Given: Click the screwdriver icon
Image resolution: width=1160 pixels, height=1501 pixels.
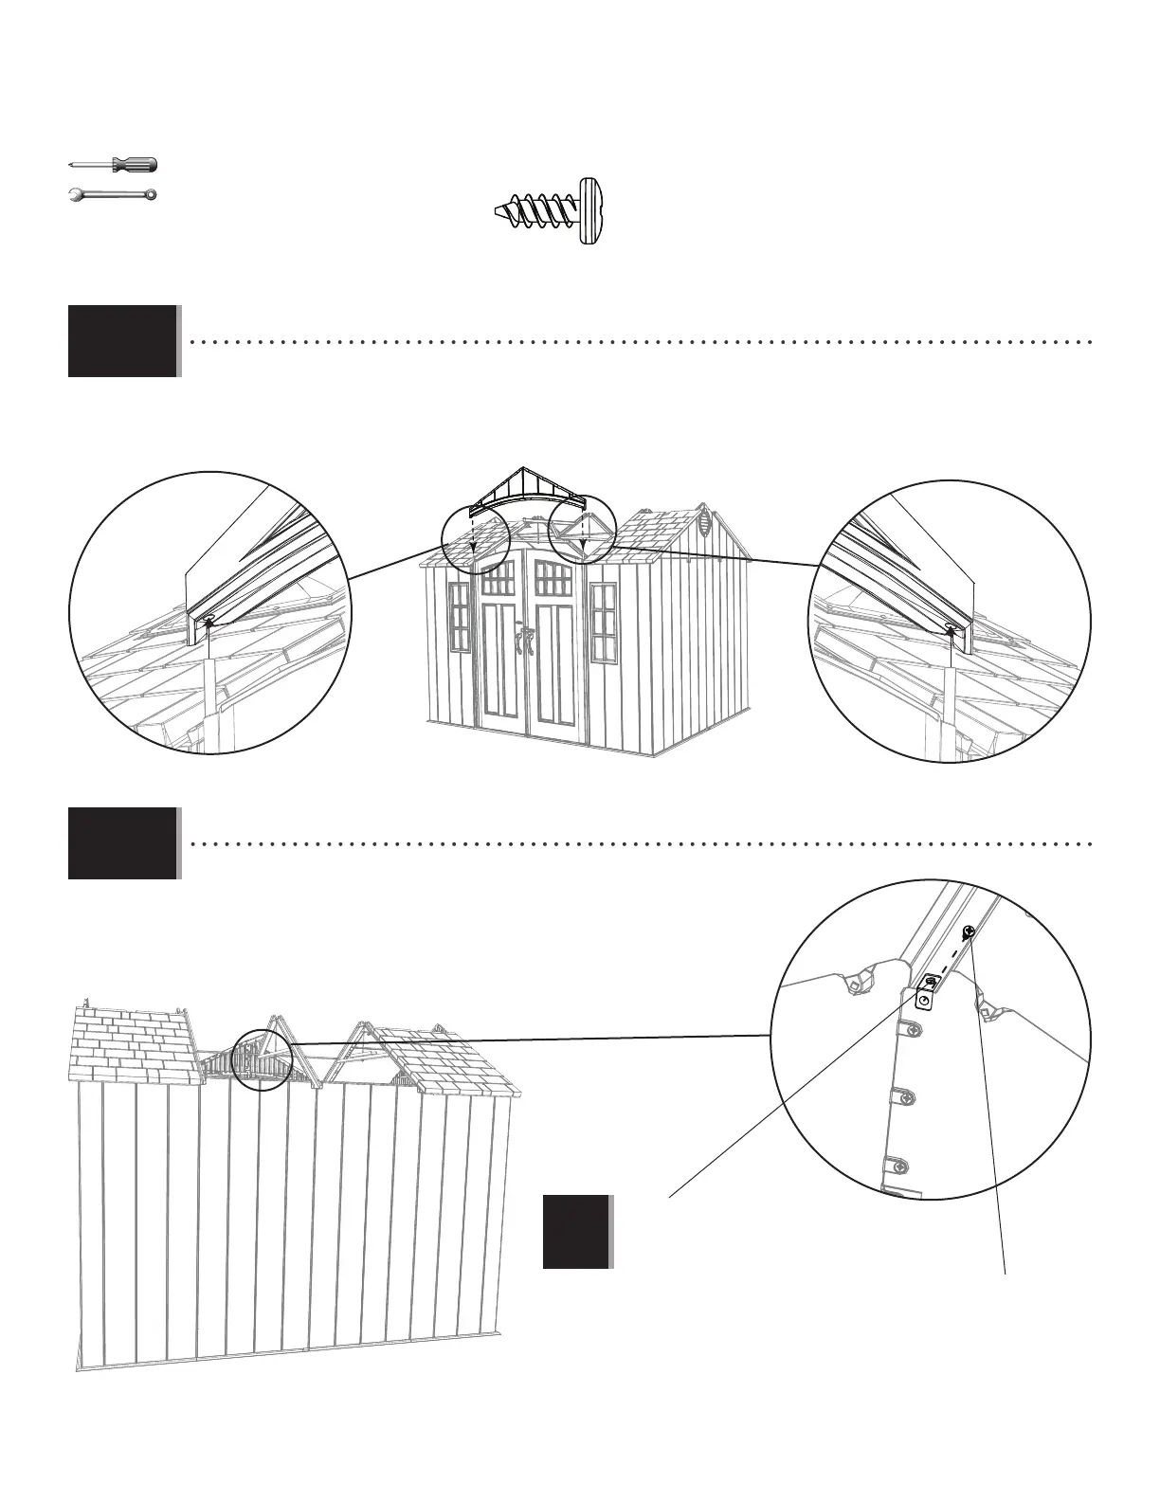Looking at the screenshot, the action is pyautogui.click(x=114, y=165).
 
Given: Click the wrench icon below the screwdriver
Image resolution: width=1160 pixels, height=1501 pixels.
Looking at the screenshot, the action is pyautogui.click(x=112, y=195).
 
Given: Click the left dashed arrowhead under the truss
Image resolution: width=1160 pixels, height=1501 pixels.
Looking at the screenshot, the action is pyautogui.click(x=472, y=546).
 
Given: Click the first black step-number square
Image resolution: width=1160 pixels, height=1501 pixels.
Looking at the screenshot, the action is pyautogui.click(x=122, y=341).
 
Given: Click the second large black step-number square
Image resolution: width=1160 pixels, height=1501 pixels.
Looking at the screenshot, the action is pyautogui.click(x=122, y=843).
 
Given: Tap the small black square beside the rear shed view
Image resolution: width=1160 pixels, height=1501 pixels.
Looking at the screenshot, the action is pyautogui.click(x=576, y=1232).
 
